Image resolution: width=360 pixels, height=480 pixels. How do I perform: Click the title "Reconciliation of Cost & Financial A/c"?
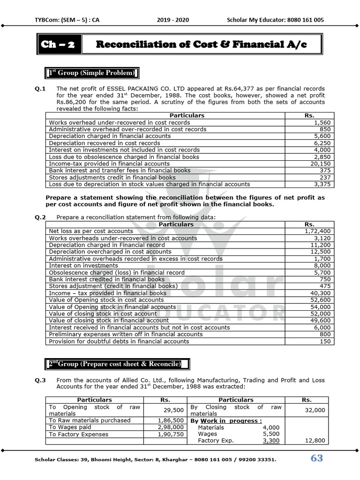pos(202,45)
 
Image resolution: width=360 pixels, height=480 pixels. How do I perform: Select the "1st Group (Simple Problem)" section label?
pos(92,73)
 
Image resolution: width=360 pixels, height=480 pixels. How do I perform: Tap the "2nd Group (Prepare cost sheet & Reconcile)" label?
pos(113,364)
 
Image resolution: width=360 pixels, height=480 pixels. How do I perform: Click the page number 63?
pos(317,458)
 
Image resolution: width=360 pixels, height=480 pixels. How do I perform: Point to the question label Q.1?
pos(40,89)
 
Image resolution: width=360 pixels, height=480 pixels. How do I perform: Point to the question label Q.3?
pos(40,380)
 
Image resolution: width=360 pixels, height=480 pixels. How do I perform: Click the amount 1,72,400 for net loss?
pos(317,231)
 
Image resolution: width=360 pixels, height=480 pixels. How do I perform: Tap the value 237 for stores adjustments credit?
pos(325,178)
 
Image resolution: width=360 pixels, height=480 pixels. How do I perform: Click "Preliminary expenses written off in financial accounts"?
pos(126,334)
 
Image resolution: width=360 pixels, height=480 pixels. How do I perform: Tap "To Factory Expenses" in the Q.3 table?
pos(79,434)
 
